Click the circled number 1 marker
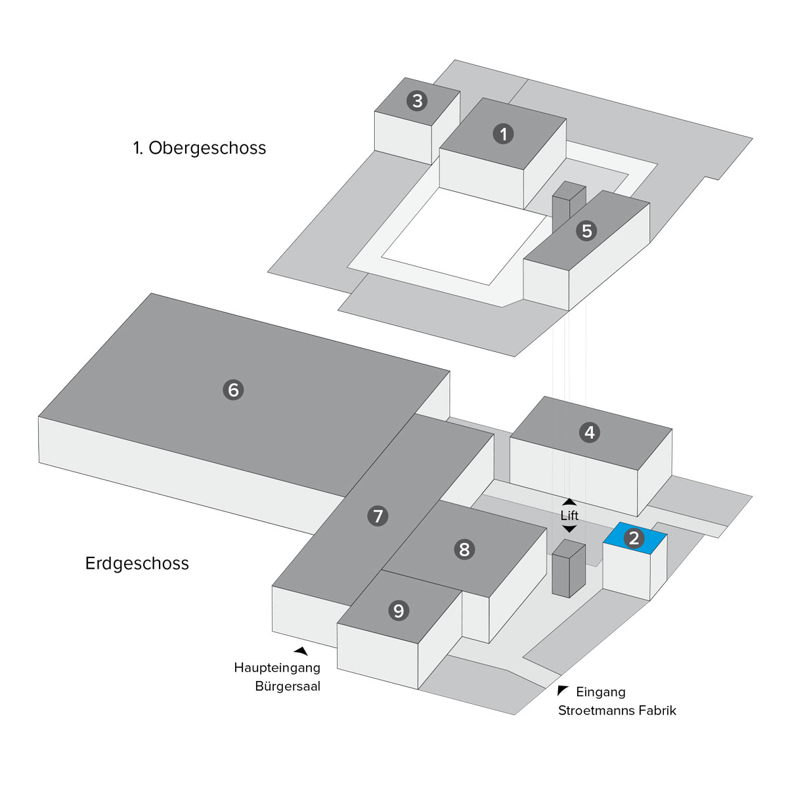(503, 134)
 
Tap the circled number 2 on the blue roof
(634, 538)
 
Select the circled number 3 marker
(417, 101)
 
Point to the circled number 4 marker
(590, 432)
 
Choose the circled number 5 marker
(586, 230)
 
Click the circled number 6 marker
(233, 389)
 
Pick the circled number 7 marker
(378, 516)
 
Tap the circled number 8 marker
(464, 549)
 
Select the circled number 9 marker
(399, 611)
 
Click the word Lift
(569, 515)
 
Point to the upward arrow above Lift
(569, 502)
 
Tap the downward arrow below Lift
(569, 529)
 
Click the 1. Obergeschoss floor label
(200, 148)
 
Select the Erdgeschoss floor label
(137, 563)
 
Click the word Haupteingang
(277, 668)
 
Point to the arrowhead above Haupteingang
(301, 651)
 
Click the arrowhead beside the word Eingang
(562, 690)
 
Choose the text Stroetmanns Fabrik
(617, 711)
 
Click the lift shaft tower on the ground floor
(568, 569)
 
